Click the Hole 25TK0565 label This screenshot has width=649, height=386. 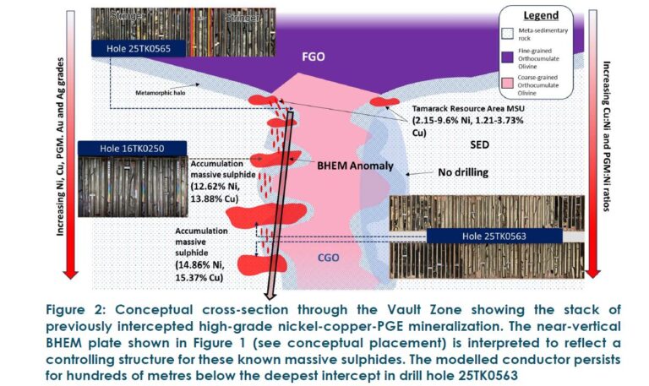point(139,49)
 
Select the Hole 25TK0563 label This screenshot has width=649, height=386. point(497,236)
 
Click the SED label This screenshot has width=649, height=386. point(479,144)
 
